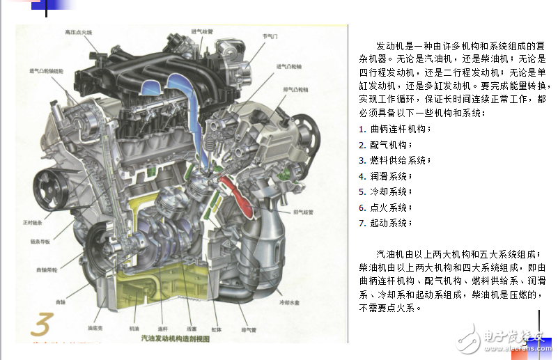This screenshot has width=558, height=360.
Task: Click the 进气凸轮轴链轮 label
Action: tap(46, 71)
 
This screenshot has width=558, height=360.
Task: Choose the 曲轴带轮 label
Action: tap(47, 268)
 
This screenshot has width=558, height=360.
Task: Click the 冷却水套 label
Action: tap(289, 304)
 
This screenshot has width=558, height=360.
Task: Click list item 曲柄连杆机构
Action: tap(395, 129)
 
